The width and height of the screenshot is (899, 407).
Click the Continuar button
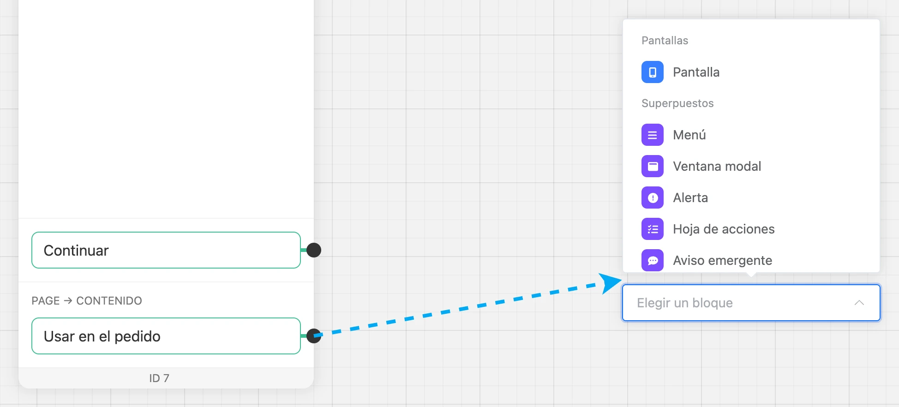(166, 250)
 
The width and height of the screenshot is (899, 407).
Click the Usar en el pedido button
(166, 336)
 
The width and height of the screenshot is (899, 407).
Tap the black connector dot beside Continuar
(314, 250)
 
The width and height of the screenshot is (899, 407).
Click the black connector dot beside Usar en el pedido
(314, 336)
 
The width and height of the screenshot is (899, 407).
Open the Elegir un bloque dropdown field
(751, 303)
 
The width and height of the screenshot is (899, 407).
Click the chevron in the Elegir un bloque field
(859, 303)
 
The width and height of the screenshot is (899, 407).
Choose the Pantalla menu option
(696, 72)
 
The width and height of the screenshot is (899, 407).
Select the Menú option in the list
(689, 135)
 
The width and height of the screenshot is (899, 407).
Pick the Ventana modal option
(717, 166)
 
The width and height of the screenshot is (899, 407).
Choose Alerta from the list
(690, 198)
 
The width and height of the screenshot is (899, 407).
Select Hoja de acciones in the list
(724, 229)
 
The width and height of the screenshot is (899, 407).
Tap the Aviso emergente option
(722, 260)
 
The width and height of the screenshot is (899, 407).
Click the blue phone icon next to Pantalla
(653, 72)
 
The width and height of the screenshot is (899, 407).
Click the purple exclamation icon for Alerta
(653, 198)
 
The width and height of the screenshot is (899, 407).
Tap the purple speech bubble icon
(653, 260)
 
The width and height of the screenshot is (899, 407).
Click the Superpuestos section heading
(677, 103)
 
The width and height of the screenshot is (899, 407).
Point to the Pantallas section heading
(665, 41)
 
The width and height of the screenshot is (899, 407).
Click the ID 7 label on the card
(159, 378)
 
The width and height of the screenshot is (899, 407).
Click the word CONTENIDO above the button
(109, 301)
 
